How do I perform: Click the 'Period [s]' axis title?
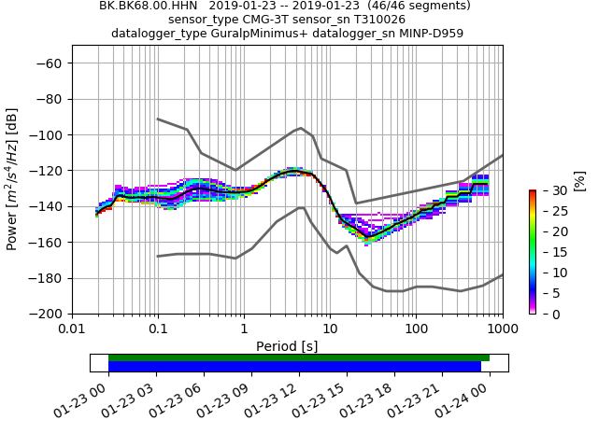pyautogui.click(x=287, y=346)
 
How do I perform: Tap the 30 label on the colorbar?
pyautogui.click(x=549, y=190)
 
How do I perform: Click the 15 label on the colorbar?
pyautogui.click(x=549, y=252)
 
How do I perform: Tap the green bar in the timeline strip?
pyautogui.click(x=299, y=357)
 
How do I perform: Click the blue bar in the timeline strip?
pyautogui.click(x=294, y=367)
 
